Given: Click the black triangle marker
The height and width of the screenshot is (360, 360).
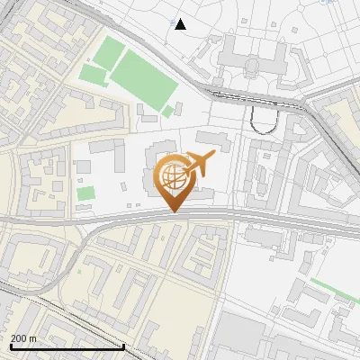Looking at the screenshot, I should tap(181, 24).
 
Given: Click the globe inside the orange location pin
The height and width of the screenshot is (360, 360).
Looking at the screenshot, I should tap(173, 175).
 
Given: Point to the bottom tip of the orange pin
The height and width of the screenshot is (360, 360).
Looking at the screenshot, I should tap(173, 211).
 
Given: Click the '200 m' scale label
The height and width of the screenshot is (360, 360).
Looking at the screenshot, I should tap(23, 338).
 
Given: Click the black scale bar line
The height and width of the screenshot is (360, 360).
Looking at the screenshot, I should tap(67, 346).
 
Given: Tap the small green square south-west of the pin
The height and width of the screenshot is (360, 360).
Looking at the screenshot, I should tap(85, 193).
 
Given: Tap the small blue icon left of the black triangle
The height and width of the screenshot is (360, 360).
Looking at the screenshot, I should tap(171, 18).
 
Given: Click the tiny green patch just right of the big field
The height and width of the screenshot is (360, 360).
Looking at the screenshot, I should tap(168, 111).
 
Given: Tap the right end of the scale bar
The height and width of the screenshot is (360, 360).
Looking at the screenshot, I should tap(123, 346).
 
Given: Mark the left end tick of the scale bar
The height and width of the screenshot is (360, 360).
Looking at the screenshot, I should tap(10, 346).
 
